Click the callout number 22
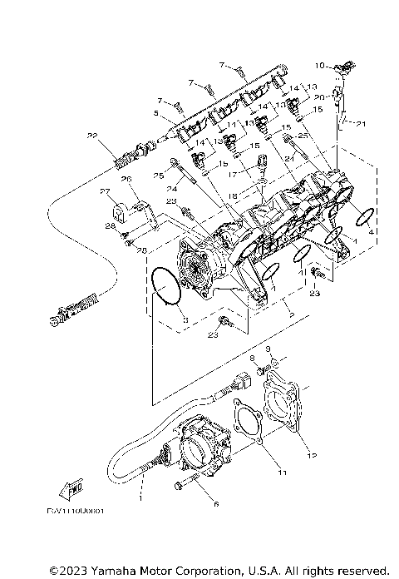[x=93, y=135]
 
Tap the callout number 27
[x=106, y=191]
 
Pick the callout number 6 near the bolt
[x=217, y=504]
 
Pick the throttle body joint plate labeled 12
[x=283, y=408]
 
